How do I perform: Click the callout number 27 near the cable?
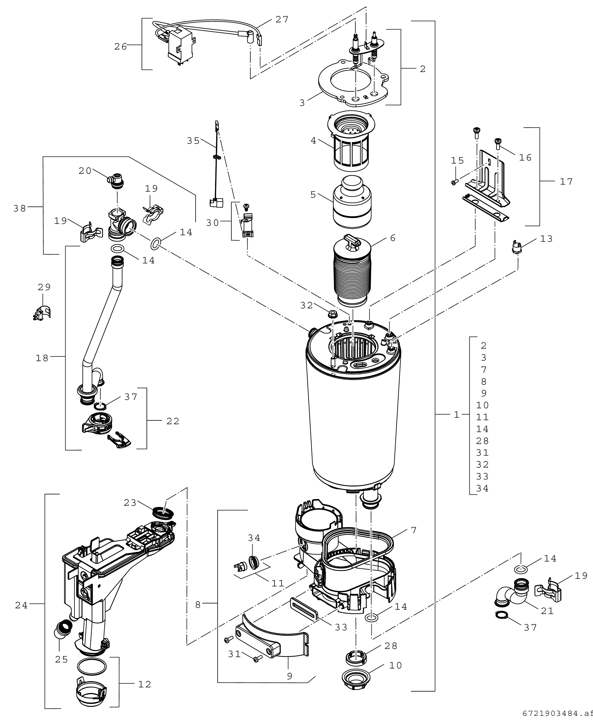click(282, 20)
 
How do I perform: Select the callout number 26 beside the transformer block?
click(121, 47)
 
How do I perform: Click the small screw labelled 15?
click(454, 182)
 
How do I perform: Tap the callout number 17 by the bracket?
click(566, 181)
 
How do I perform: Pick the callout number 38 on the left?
click(19, 208)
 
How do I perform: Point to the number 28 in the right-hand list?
click(482, 441)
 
